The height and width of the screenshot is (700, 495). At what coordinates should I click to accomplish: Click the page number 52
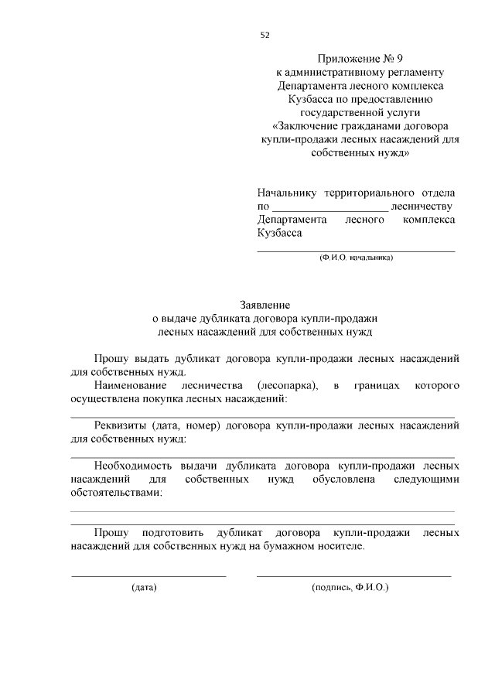point(265,35)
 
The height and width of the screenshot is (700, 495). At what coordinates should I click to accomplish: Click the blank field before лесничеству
point(330,207)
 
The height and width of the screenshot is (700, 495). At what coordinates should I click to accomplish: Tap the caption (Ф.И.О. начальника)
point(356,258)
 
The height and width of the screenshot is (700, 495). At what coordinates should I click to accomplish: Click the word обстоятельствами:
point(116,493)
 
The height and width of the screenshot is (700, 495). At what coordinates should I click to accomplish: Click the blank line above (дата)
point(148,575)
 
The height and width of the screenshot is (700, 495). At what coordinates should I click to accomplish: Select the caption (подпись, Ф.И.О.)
point(350,588)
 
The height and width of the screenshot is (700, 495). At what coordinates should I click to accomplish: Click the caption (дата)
point(144,588)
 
